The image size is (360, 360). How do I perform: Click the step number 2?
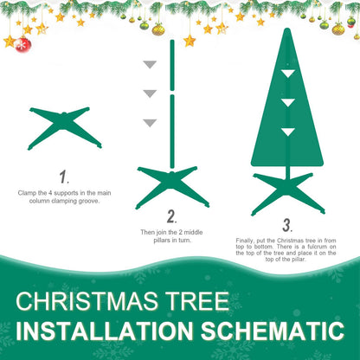point(171,216)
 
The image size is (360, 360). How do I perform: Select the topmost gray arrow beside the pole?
point(151,64)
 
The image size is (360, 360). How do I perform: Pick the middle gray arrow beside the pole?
point(151,93)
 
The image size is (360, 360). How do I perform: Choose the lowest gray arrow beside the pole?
point(151,123)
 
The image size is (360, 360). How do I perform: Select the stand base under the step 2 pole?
point(172,185)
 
